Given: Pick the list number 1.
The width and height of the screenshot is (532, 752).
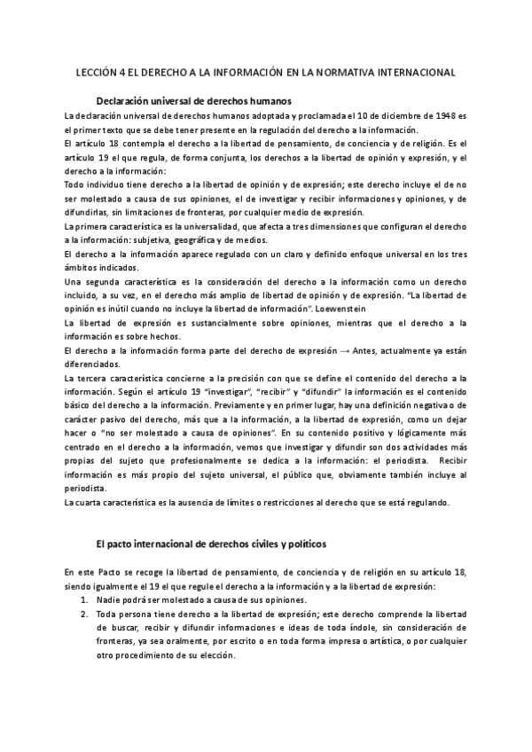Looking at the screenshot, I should [83, 599].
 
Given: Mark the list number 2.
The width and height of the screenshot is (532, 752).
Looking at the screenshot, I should [83, 614].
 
